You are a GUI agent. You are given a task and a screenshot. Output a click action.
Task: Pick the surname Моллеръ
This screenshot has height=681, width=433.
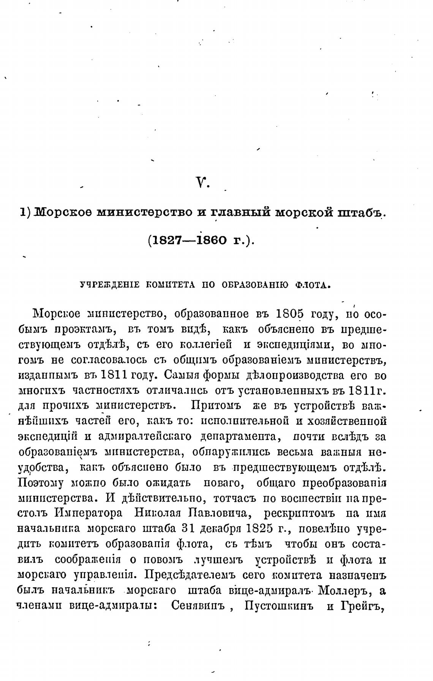click(343, 591)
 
